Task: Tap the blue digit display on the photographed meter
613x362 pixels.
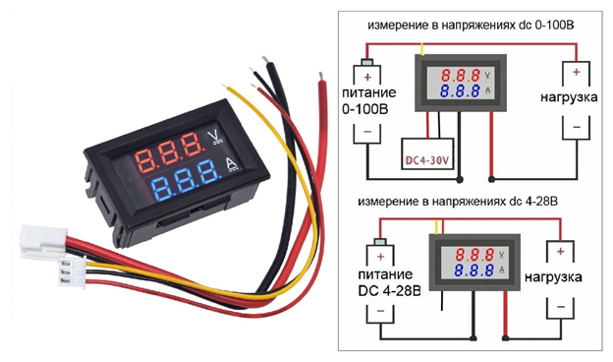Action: (x=182, y=182)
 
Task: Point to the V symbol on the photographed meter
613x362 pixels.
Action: (x=217, y=135)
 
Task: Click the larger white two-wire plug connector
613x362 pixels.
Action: (x=42, y=238)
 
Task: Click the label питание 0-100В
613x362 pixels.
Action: (x=369, y=103)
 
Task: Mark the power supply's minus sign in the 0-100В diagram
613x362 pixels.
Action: (x=368, y=132)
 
